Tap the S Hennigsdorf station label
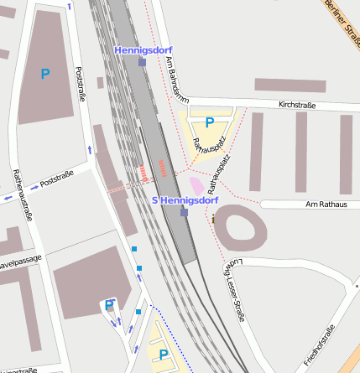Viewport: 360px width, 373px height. [185, 200]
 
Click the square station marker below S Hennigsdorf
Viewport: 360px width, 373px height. [185, 212]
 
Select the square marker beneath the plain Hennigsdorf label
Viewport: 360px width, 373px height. [143, 62]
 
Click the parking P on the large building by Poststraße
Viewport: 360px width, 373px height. [45, 74]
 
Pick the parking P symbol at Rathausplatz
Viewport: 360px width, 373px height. [209, 122]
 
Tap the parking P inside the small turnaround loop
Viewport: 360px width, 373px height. [109, 305]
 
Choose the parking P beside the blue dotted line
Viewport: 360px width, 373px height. [163, 355]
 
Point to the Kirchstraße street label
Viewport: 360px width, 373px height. [297, 106]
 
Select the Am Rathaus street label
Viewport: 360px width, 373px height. [326, 205]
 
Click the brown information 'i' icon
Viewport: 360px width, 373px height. [213, 220]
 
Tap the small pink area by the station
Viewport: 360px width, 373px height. [196, 185]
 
